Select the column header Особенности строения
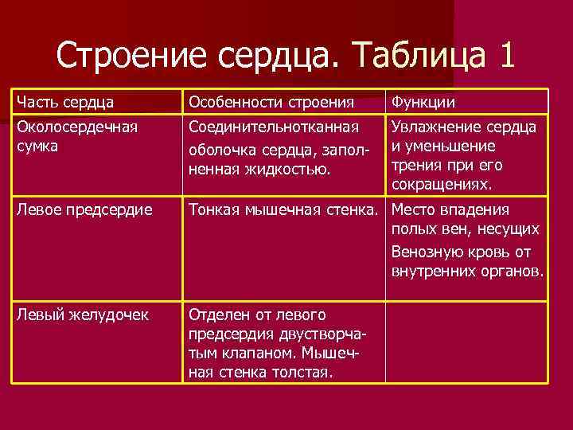click(x=271, y=103)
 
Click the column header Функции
click(x=421, y=103)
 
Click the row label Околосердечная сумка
click(x=76, y=136)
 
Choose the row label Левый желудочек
click(x=80, y=315)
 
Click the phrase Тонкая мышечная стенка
click(x=283, y=209)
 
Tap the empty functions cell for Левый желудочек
click(x=466, y=342)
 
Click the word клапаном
click(x=260, y=354)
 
